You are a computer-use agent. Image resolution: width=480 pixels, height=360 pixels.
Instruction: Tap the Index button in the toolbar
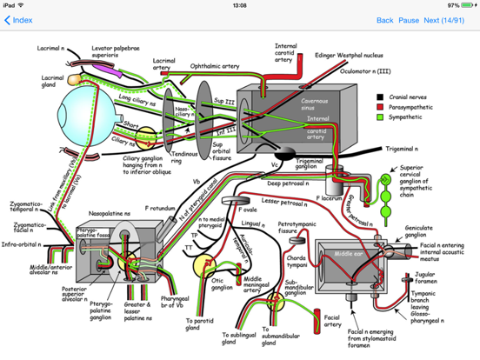pos(18,20)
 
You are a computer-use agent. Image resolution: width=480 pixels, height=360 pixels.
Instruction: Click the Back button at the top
pos(384,20)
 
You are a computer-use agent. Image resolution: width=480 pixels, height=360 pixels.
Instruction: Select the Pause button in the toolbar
pos(409,20)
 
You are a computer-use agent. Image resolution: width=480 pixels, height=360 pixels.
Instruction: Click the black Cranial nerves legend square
pos(380,98)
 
